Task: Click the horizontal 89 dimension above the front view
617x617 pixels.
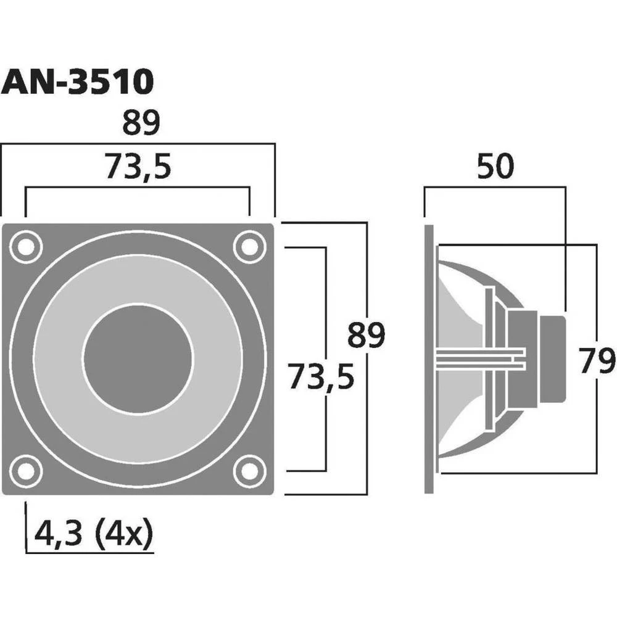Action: tap(141, 122)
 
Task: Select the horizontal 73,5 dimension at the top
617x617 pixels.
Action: tap(137, 165)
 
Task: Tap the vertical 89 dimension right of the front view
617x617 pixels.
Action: tap(365, 335)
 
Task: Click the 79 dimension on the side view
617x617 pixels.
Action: tap(597, 361)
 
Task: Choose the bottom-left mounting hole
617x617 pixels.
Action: tap(25, 470)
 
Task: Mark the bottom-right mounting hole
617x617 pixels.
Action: tap(249, 470)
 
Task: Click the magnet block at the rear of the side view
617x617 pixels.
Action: tap(553, 358)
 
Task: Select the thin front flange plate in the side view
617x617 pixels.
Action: tap(430, 358)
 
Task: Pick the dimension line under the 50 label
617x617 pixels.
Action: tap(495, 187)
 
